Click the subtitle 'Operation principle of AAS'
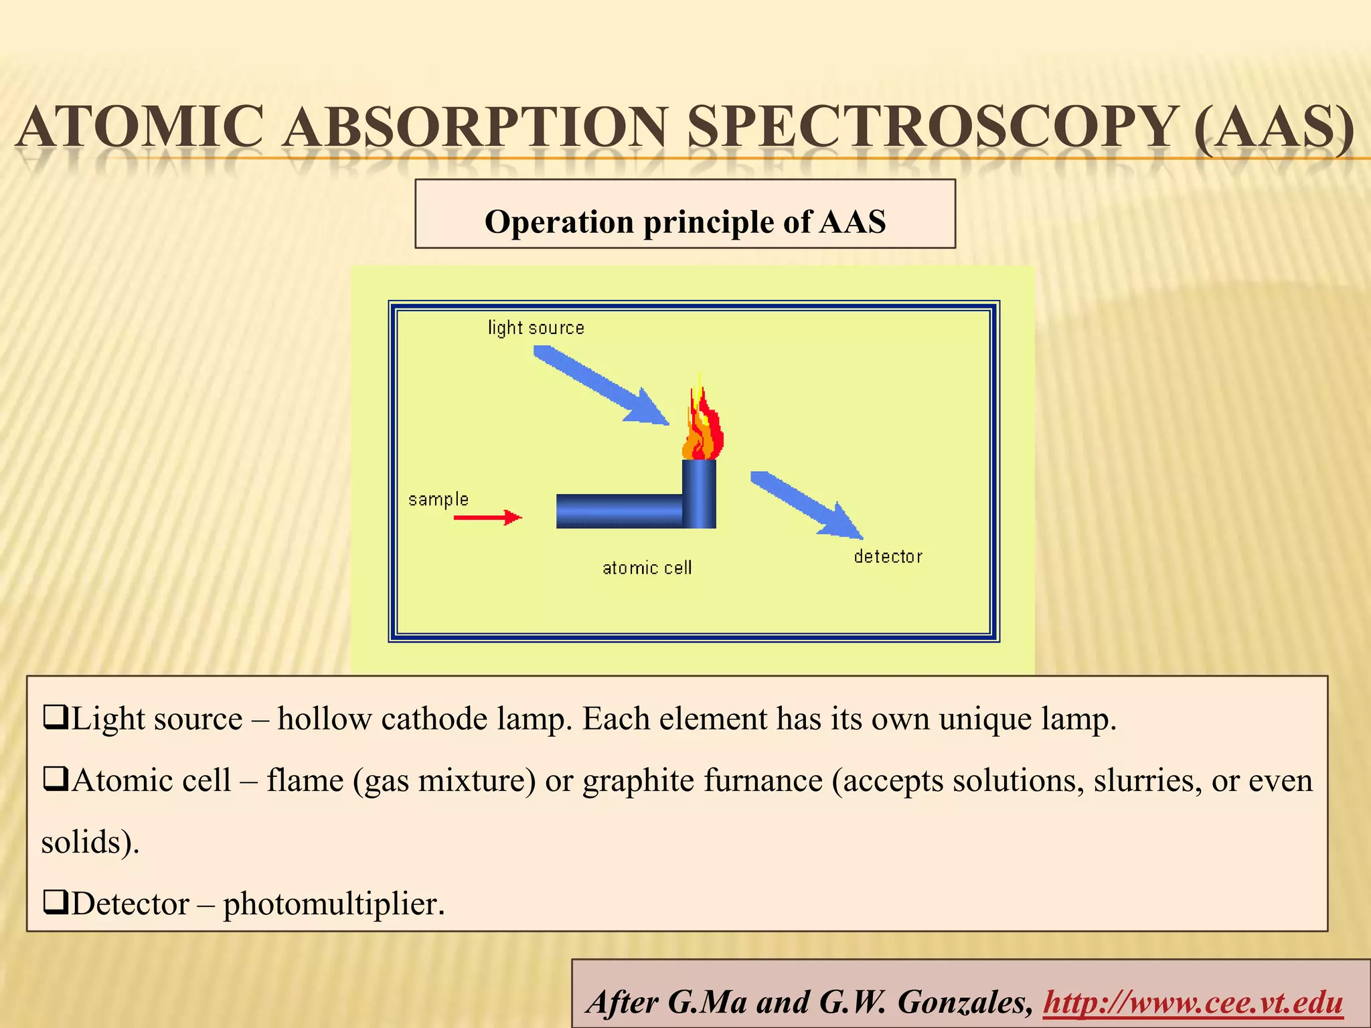tap(685, 222)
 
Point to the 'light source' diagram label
tap(536, 328)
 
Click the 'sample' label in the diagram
tap(438, 500)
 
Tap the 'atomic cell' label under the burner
tap(647, 568)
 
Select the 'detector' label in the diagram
tap(888, 557)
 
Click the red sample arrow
tap(487, 517)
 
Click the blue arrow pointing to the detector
tap(807, 505)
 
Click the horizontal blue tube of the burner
tap(619, 511)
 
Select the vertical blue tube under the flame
tap(699, 493)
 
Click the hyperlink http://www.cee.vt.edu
tap(1193, 1003)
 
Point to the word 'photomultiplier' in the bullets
tap(333, 904)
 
